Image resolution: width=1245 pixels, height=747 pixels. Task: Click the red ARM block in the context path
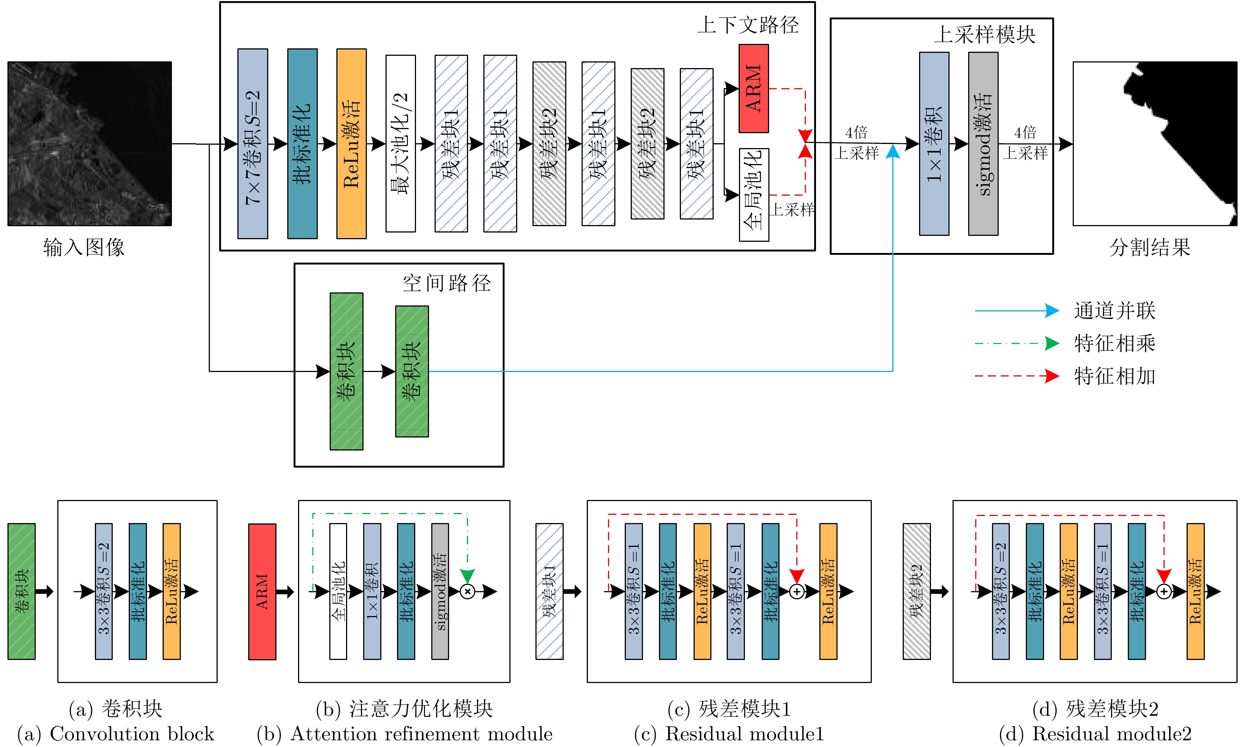(x=753, y=89)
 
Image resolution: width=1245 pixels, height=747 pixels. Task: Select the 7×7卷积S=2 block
(x=252, y=144)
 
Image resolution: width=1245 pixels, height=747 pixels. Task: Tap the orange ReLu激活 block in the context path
(x=351, y=144)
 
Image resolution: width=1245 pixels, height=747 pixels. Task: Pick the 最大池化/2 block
(x=400, y=144)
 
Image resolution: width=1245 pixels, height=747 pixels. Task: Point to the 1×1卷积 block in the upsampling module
(x=934, y=144)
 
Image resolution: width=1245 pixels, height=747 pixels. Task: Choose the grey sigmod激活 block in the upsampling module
(x=983, y=144)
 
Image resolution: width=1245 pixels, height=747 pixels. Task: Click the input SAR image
(x=90, y=144)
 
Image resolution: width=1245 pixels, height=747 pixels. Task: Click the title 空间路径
(x=447, y=283)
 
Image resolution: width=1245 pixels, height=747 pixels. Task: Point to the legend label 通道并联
(x=1115, y=311)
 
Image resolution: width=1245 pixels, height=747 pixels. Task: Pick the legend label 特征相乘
(x=1115, y=343)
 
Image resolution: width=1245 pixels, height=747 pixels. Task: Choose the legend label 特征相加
(x=1115, y=376)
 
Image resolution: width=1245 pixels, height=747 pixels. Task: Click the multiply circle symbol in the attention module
(x=468, y=591)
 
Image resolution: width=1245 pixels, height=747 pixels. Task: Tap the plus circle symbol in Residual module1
(x=796, y=591)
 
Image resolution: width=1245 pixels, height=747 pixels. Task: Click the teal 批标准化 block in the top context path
(x=302, y=144)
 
